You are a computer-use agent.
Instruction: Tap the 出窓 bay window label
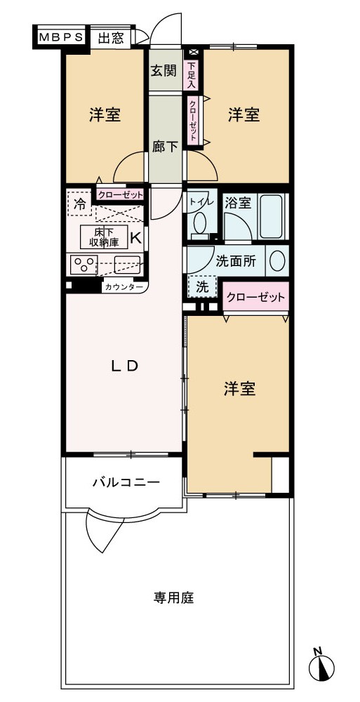tap(111, 38)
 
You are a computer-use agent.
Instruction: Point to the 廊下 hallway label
tap(165, 147)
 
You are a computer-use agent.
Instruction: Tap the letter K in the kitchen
tap(135, 237)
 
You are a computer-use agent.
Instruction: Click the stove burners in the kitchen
tap(84, 264)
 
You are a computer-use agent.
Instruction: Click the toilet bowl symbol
tap(199, 223)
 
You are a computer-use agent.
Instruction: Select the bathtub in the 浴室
tap(272, 216)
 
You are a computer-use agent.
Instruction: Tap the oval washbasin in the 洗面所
tap(278, 260)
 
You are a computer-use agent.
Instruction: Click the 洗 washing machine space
tap(202, 287)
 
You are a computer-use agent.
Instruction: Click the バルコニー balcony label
tap(126, 482)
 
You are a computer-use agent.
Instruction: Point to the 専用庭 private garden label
tap(174, 597)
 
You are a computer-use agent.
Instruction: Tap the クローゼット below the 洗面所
tap(255, 297)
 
